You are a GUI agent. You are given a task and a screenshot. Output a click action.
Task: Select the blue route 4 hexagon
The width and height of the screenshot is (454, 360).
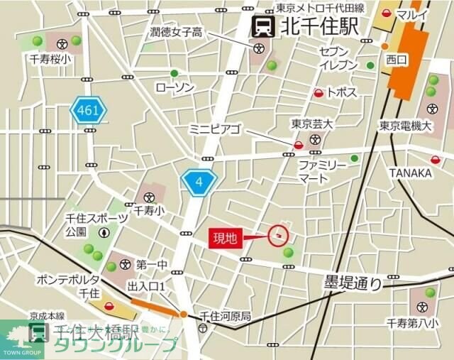[199, 182]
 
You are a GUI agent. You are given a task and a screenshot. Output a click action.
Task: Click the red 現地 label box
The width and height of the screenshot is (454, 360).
[225, 239]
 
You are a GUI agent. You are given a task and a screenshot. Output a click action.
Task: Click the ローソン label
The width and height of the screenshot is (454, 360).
[174, 87]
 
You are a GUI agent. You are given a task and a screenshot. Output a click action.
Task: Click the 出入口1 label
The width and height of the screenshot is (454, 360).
[146, 285]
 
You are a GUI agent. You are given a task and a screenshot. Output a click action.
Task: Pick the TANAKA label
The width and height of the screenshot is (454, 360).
[410, 173]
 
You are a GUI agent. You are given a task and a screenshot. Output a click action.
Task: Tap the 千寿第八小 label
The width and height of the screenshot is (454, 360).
[423, 324]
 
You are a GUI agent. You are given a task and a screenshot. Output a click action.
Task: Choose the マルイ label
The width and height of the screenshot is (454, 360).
[412, 14]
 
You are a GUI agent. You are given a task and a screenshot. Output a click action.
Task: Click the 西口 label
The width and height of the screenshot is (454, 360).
[395, 60]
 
